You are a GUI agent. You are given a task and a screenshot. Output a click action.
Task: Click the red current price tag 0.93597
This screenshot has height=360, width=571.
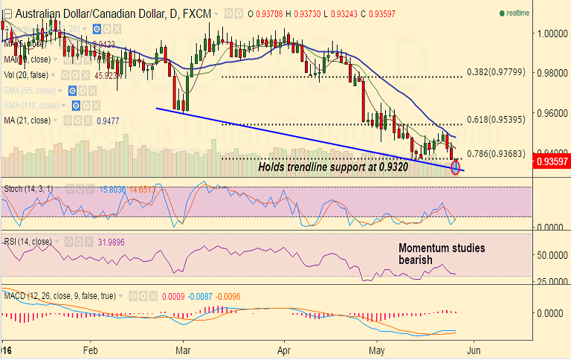pyautogui.click(x=553, y=161)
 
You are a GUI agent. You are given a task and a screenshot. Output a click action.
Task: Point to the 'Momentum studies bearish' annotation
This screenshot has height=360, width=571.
pyautogui.click(x=442, y=254)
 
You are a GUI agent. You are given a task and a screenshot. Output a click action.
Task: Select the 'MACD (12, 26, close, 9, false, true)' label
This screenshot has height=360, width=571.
pyautogui.click(x=74, y=296)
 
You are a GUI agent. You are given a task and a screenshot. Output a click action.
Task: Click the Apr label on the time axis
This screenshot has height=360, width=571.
pyautogui.click(x=284, y=349)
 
